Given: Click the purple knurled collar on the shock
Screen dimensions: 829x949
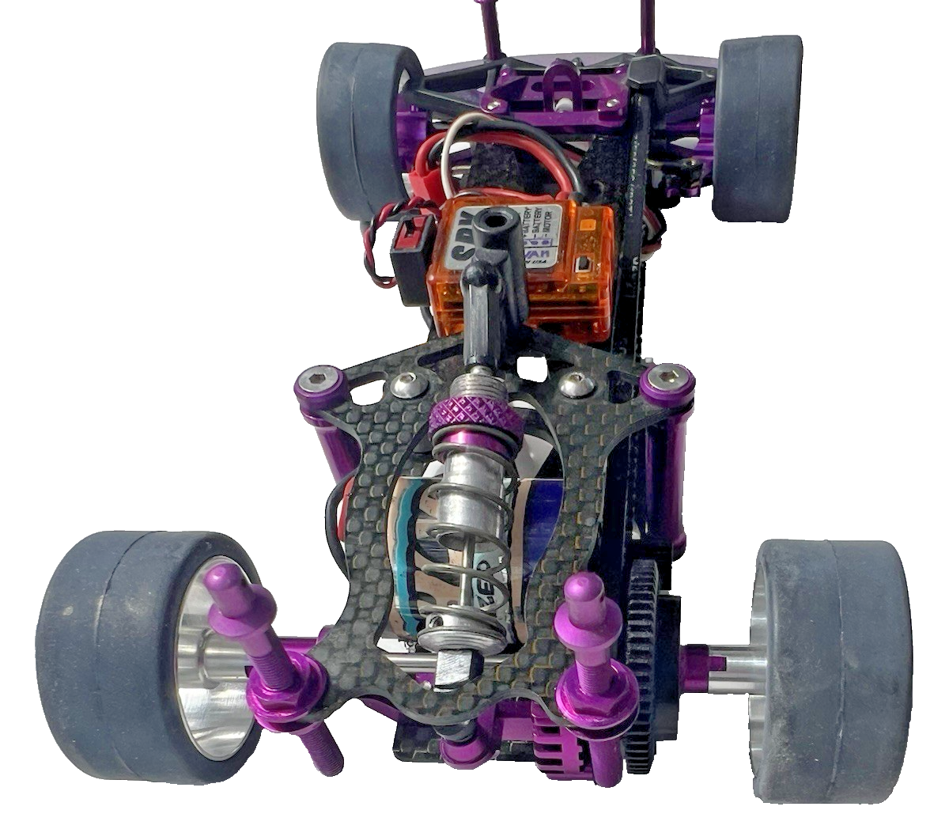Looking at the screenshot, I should (x=472, y=411).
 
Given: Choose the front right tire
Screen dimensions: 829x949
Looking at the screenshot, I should (x=755, y=127).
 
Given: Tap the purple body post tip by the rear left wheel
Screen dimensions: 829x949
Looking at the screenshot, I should (x=221, y=581).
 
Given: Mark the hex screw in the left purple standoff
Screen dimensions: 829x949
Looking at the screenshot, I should (x=319, y=379).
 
